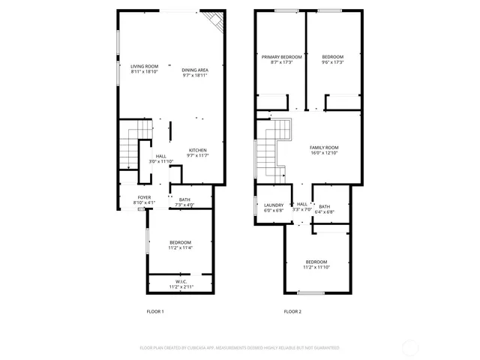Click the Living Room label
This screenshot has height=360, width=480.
pos(144,66)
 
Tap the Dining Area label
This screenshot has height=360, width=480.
pos(195,70)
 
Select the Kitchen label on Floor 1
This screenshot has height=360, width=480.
pos(197,149)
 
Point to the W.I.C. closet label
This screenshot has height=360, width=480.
pos(181,282)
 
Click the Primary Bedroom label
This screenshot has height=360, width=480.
pos(281,57)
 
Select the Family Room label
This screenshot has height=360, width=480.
pos(325,147)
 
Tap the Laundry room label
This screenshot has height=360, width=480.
pos(273,205)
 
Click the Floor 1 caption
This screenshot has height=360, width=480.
pos(154,311)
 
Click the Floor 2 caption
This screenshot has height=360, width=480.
pos(292,311)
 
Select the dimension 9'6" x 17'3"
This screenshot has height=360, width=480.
pos(333,63)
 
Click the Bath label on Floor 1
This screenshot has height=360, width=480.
pos(184,199)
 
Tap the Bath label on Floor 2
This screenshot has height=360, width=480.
pos(324,206)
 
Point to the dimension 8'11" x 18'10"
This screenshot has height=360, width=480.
pos(144,72)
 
